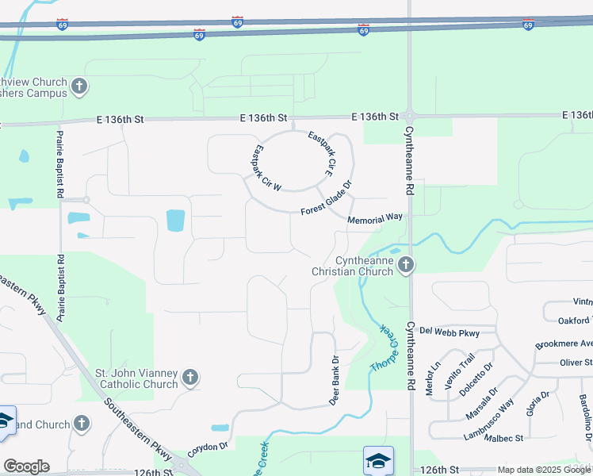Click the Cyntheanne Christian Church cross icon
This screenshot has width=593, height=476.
tap(406, 265)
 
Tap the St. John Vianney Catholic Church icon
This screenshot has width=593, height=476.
tap(190, 378)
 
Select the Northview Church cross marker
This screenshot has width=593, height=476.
tap(79, 86)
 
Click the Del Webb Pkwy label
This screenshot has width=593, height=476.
tap(450, 331)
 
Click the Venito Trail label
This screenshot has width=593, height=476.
tap(460, 370)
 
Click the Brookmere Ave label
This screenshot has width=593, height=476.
tap(564, 344)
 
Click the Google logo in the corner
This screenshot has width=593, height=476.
tap(25, 466)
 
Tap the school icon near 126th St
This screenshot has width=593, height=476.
tap(379, 460)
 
